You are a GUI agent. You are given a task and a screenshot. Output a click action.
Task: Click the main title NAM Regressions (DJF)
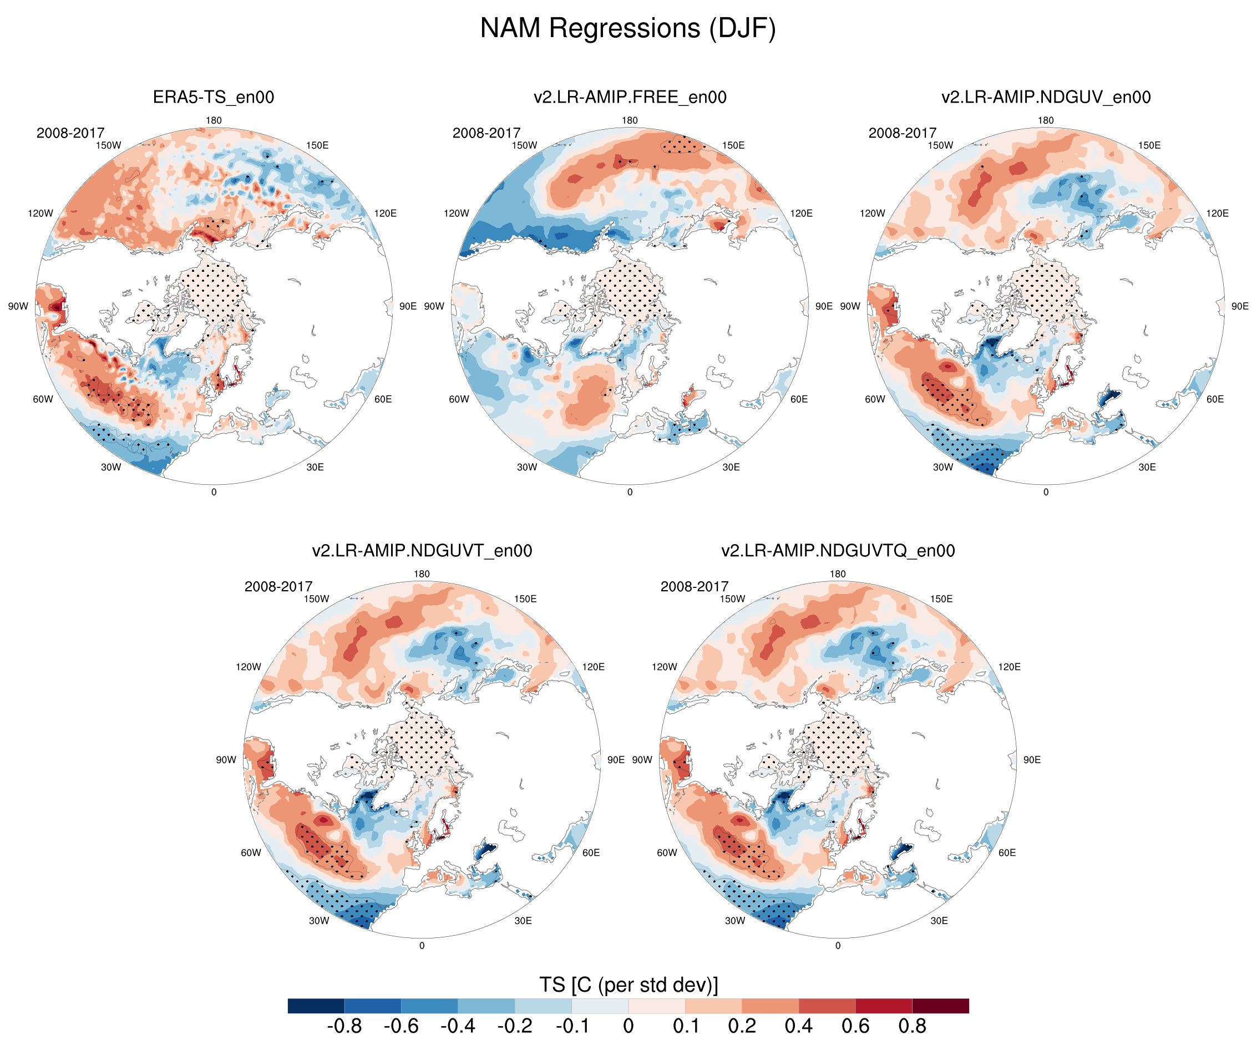[628, 28]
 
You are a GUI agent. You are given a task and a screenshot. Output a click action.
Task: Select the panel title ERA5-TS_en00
[213, 97]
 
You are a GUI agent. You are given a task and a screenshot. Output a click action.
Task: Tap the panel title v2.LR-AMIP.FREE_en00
[630, 97]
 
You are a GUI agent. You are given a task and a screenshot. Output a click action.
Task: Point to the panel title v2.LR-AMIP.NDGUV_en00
[1046, 97]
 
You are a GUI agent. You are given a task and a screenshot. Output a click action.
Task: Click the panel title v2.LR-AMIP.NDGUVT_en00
[422, 551]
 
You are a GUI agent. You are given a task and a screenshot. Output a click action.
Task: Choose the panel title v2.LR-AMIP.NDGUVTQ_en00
[838, 551]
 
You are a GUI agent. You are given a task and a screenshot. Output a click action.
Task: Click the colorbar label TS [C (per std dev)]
[628, 985]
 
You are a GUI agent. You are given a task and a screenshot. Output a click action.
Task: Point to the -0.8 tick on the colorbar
[344, 1026]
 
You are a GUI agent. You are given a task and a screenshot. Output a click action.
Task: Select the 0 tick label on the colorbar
[628, 1026]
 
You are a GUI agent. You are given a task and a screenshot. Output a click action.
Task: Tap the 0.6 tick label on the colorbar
[855, 1026]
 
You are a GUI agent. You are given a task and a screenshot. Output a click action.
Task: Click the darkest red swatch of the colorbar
[940, 1006]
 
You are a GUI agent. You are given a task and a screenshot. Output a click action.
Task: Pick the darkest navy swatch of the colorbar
[316, 1006]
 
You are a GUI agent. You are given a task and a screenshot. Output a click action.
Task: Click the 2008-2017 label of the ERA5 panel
[70, 133]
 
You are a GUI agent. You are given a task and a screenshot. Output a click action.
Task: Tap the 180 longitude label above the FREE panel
[630, 120]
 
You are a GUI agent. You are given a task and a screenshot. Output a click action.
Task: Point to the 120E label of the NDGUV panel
[1218, 213]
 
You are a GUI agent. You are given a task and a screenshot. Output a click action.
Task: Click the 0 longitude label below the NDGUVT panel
[422, 946]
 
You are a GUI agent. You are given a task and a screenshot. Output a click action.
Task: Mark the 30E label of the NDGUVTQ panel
[939, 921]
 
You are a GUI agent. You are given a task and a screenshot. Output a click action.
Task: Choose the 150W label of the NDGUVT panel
[316, 598]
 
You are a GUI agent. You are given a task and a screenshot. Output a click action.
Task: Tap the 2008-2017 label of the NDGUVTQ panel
[695, 587]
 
